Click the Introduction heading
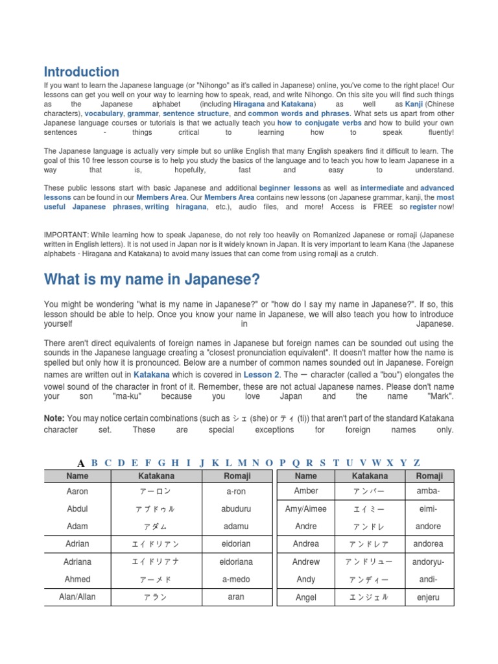pos(81,72)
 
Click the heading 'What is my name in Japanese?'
pos(152,279)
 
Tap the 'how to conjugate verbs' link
pos(319,123)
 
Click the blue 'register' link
pos(423,207)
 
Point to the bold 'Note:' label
pos(54,418)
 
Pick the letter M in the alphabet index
pos(242,462)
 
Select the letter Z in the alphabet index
pos(417,462)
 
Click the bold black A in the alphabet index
pos(81,463)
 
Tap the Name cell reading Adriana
pos(77,562)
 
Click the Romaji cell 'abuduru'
pos(235,509)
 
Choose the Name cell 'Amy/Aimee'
pos(305,509)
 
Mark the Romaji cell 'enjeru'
pos(428,598)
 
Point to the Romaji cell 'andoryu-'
pos(428,562)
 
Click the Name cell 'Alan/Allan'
pos(77,597)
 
